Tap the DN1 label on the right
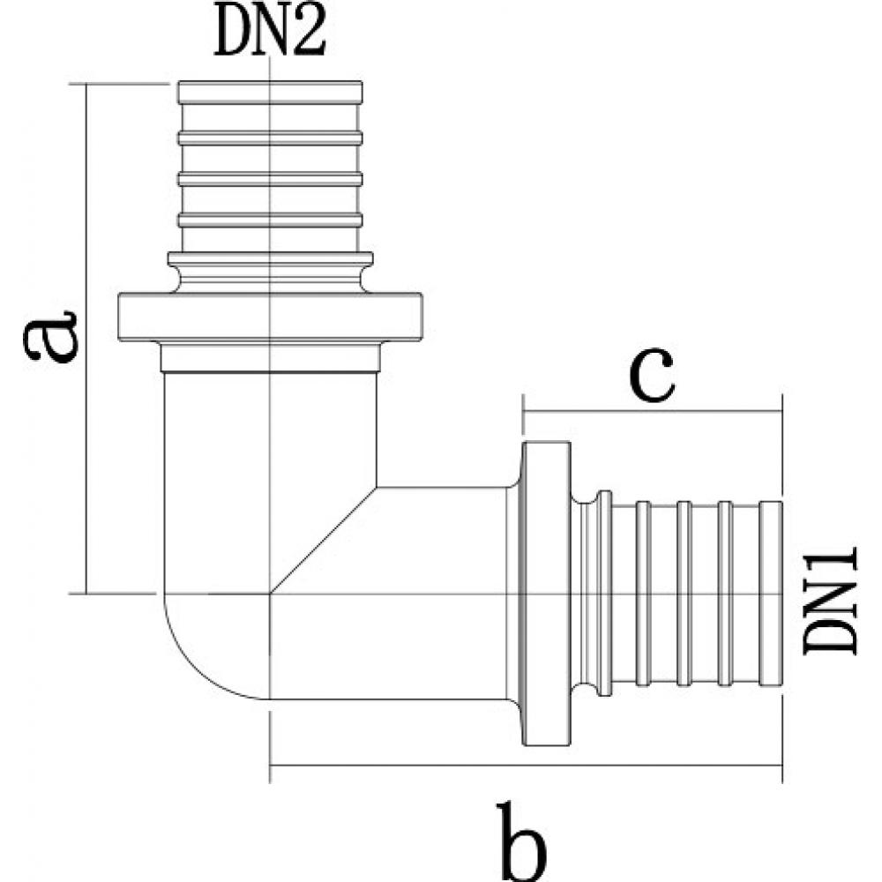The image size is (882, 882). tap(830, 601)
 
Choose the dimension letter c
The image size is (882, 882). tap(652, 375)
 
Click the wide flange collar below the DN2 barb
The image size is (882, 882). tap(270, 317)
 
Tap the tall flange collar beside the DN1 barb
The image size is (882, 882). tap(547, 594)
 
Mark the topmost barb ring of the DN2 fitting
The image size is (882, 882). tap(270, 93)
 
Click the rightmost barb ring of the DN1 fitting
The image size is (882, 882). tap(771, 594)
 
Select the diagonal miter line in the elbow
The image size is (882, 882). tap(324, 540)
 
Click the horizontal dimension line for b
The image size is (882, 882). tap(526, 766)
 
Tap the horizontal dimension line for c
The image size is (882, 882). tap(653, 411)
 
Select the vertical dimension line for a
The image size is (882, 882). tap(86, 338)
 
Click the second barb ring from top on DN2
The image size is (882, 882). tap(270, 138)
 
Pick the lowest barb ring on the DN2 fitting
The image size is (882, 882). tap(270, 220)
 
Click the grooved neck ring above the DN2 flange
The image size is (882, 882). tap(270, 273)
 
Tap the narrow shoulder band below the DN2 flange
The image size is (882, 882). tap(270, 358)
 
